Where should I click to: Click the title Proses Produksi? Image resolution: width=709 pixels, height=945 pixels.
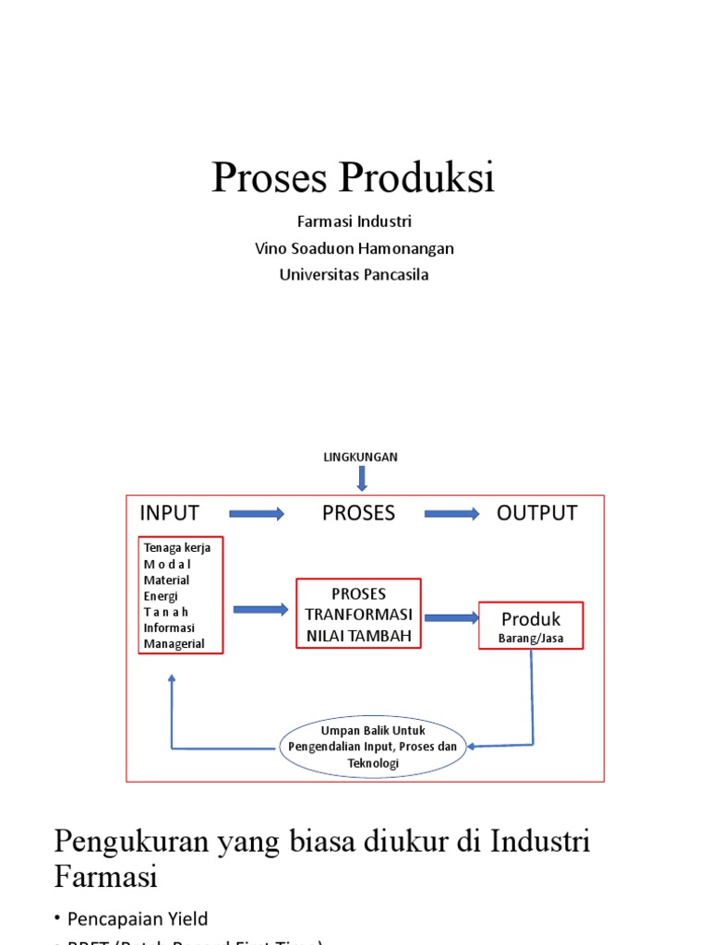click(x=354, y=177)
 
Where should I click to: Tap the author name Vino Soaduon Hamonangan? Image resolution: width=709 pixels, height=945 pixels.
click(x=354, y=248)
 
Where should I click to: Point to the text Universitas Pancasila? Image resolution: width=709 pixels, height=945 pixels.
click(x=354, y=275)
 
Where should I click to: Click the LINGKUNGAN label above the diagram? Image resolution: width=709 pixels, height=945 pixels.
click(x=360, y=457)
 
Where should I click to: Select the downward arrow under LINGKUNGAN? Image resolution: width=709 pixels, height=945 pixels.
click(x=361, y=478)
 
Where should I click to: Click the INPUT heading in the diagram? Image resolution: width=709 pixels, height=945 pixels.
click(x=169, y=513)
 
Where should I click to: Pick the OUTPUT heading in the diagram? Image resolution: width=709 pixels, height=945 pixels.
click(x=536, y=513)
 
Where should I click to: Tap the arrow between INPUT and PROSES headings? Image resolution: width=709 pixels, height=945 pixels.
click(x=257, y=514)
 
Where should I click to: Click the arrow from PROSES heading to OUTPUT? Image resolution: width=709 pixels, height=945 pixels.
click(x=451, y=514)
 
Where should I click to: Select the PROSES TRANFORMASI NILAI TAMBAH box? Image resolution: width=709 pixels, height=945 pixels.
click(x=358, y=614)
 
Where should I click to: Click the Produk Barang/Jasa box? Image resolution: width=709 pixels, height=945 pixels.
click(x=531, y=626)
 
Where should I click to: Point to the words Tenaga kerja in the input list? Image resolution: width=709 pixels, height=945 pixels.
click(x=177, y=547)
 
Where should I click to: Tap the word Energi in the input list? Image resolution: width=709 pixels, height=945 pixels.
click(x=162, y=596)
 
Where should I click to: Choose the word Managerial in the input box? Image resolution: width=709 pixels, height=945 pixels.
click(x=174, y=644)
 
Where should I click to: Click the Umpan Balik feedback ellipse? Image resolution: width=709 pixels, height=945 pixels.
click(x=373, y=747)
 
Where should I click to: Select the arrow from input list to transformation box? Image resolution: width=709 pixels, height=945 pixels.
click(x=261, y=609)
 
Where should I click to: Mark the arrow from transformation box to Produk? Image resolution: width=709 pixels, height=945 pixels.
click(x=450, y=617)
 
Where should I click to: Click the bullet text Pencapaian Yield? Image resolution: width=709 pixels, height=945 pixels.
click(x=138, y=918)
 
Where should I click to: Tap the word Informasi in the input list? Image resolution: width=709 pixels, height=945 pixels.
click(x=170, y=628)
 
